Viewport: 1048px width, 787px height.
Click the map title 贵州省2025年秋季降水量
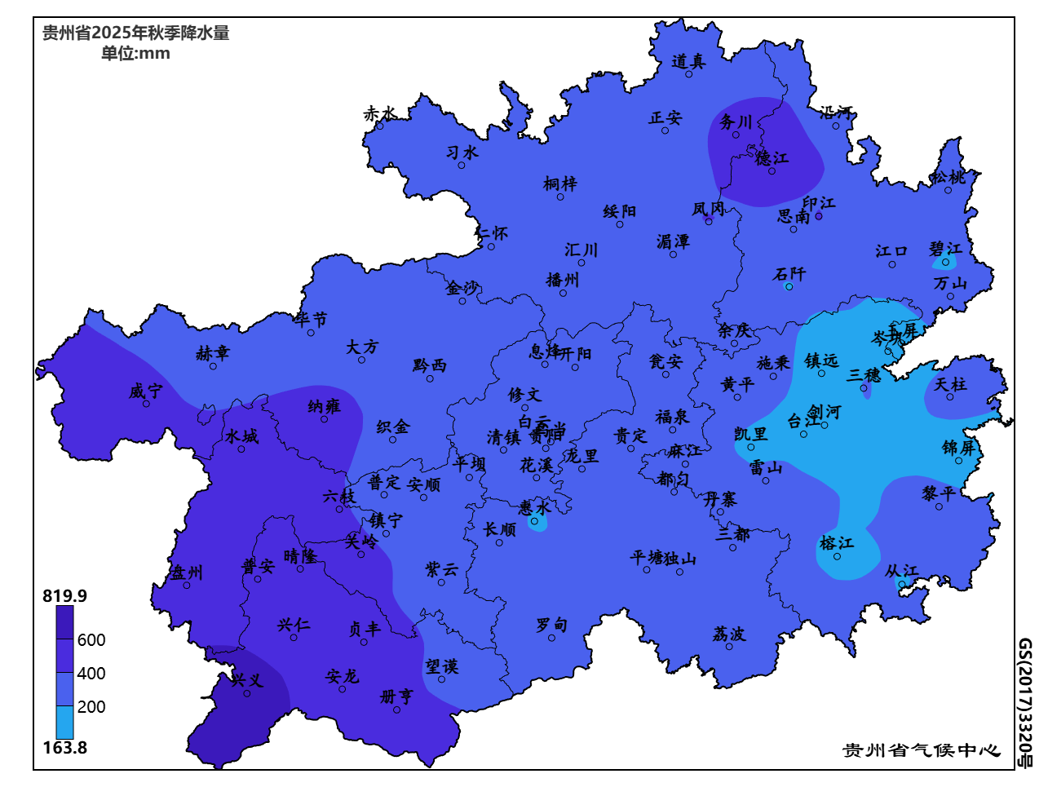click(135, 33)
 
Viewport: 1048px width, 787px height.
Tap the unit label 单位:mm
click(135, 54)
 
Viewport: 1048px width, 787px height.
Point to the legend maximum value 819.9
click(64, 596)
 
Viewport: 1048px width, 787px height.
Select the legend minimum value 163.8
click(64, 748)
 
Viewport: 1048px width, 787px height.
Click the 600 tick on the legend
click(91, 640)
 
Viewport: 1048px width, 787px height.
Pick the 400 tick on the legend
click(91, 674)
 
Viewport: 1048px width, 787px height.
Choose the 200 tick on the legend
click(91, 707)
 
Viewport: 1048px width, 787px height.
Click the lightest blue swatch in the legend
click(64, 723)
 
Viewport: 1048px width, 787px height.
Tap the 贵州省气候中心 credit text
click(921, 750)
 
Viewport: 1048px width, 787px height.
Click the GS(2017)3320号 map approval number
click(1024, 703)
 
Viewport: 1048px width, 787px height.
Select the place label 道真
click(688, 61)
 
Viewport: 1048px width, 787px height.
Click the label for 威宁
click(146, 391)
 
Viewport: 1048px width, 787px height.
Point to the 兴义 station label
click(246, 679)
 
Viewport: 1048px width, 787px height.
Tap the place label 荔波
click(728, 634)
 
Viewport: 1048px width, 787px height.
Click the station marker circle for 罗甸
click(552, 638)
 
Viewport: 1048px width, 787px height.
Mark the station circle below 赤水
click(380, 126)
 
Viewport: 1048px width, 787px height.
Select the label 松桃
click(948, 177)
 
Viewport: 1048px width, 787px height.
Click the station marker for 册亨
click(397, 710)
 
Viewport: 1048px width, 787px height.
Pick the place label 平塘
click(648, 558)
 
